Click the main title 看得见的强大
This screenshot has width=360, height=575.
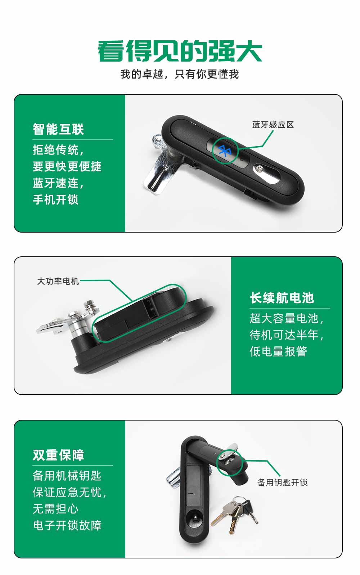pyautogui.click(x=180, y=52)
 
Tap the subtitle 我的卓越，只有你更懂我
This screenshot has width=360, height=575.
pyautogui.click(x=180, y=74)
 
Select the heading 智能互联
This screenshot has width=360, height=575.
pyautogui.click(x=58, y=129)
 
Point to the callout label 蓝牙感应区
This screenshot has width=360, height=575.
pyautogui.click(x=273, y=125)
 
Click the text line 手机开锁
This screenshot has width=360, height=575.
pyautogui.click(x=55, y=199)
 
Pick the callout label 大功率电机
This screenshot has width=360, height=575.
pyautogui.click(x=58, y=281)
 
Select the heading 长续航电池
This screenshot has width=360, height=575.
pyautogui.click(x=282, y=298)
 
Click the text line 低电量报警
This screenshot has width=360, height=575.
pyautogui.click(x=278, y=351)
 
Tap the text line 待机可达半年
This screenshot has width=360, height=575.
pyautogui.click(x=286, y=335)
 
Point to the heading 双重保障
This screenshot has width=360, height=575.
pyautogui.click(x=58, y=455)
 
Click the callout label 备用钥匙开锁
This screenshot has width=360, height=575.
pyautogui.click(x=282, y=482)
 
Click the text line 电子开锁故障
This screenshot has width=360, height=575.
pyautogui.click(x=67, y=525)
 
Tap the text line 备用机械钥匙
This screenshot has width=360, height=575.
pyautogui.click(x=67, y=476)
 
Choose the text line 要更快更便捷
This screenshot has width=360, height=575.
pyautogui.click(x=67, y=166)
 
